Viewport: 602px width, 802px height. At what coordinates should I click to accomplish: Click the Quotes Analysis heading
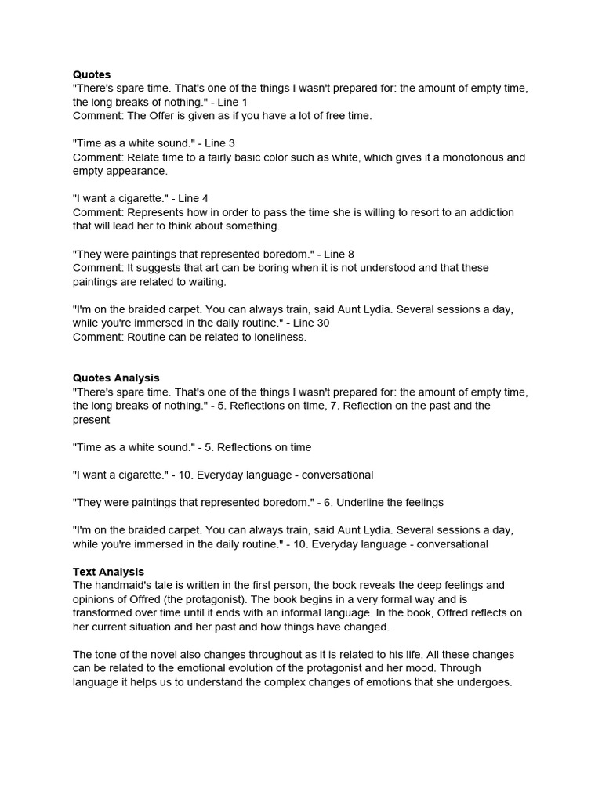(x=116, y=378)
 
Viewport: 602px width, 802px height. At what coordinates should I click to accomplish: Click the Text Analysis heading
(x=108, y=572)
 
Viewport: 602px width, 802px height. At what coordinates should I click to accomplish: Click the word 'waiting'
(x=205, y=282)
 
